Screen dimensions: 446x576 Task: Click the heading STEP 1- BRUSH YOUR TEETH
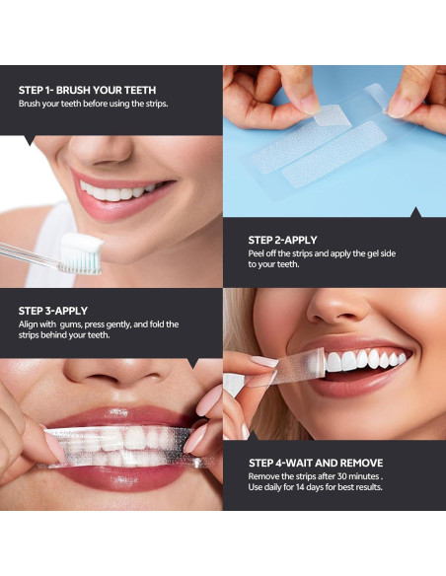click(88, 90)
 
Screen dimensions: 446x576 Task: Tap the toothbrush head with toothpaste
click(81, 254)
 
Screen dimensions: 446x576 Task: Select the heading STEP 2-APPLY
click(282, 241)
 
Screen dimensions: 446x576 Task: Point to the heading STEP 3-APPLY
click(53, 311)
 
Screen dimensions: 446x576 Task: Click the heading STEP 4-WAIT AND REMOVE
click(316, 463)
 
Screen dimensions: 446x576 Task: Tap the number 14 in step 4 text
click(301, 487)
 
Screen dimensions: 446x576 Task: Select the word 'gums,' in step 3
click(71, 325)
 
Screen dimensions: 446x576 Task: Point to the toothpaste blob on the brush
click(82, 243)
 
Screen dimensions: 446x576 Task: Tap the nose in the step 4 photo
click(337, 305)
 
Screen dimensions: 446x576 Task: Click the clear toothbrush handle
click(30, 254)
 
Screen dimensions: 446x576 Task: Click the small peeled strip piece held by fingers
click(328, 115)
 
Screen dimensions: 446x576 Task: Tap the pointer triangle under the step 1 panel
click(30, 140)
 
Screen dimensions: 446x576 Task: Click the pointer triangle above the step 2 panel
click(415, 212)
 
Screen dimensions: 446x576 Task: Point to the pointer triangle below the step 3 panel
click(192, 363)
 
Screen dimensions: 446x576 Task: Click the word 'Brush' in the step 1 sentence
click(30, 104)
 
